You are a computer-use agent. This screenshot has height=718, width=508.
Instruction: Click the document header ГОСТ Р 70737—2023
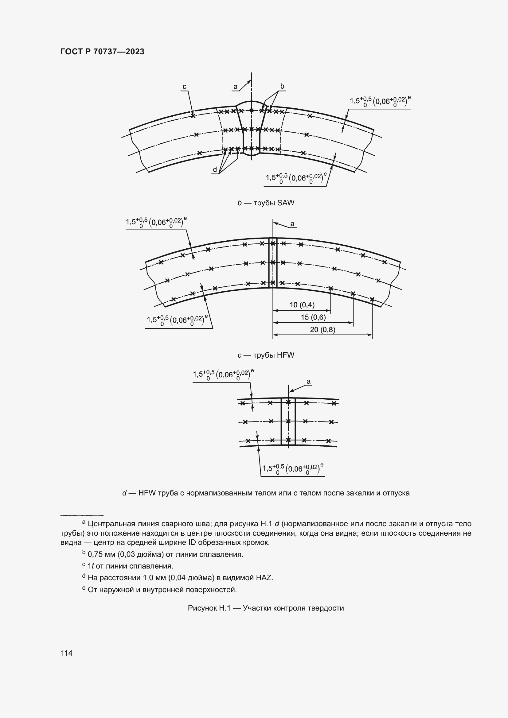tap(102, 52)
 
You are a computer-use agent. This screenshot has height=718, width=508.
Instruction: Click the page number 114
tap(67, 653)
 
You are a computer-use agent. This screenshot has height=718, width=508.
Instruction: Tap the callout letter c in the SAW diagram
tap(185, 86)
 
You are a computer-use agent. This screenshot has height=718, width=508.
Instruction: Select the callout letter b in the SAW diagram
tap(282, 86)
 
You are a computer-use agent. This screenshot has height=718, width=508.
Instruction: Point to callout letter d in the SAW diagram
tap(215, 170)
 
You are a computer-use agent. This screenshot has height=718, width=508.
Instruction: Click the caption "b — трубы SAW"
tap(266, 203)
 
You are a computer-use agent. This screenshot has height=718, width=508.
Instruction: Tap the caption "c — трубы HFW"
tap(266, 355)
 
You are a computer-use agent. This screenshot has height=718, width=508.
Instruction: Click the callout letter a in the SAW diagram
tap(236, 87)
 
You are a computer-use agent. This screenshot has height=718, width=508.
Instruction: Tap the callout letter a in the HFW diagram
tap(292, 223)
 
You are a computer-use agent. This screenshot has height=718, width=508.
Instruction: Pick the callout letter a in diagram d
tap(309, 382)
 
